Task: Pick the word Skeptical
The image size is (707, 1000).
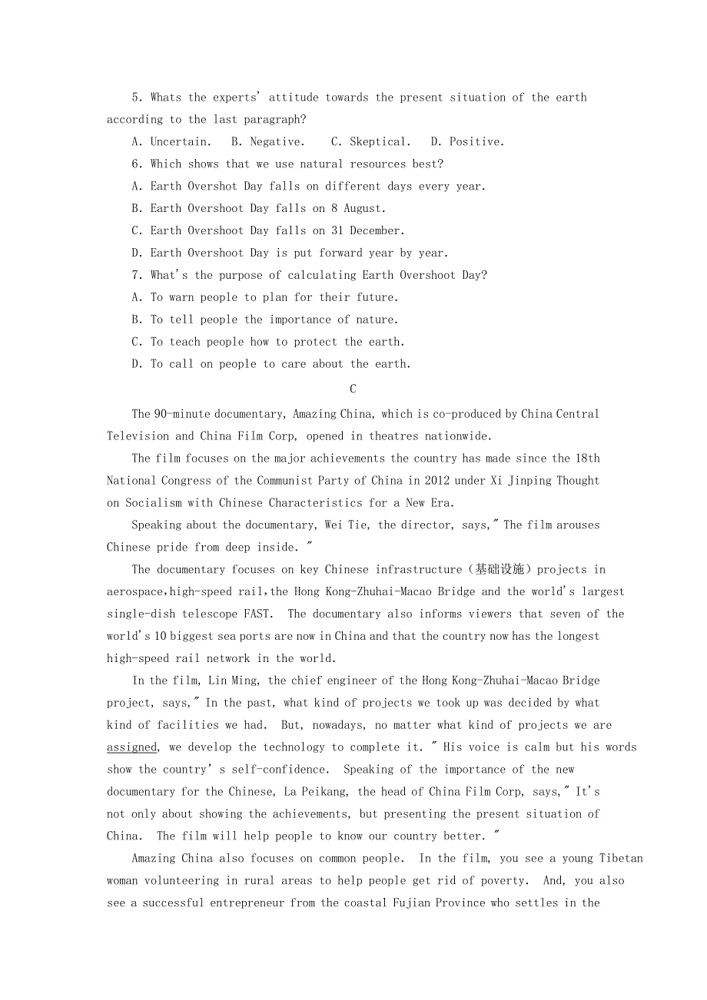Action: [380, 142]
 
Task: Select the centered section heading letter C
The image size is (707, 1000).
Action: [353, 389]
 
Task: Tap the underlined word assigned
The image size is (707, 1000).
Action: [132, 747]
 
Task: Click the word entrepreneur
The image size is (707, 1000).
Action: [247, 903]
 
